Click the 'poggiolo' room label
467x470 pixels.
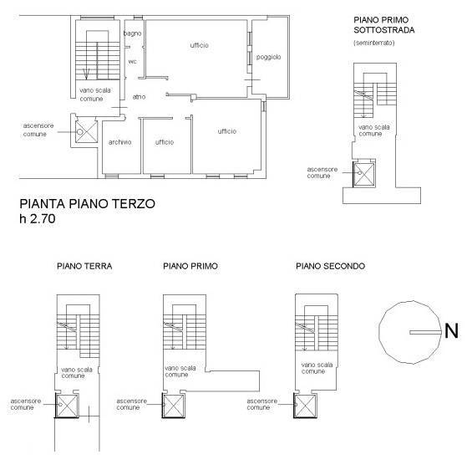268,57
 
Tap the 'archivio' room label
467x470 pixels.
119,142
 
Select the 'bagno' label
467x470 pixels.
132,33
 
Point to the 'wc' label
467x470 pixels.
132,61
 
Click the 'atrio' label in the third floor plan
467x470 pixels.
139,97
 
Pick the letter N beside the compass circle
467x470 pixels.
451,331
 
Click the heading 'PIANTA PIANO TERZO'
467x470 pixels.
87,204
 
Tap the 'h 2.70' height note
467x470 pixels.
38,218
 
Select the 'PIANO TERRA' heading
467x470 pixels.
84,266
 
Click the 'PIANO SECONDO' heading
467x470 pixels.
331,266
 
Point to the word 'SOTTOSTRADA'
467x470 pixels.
384,30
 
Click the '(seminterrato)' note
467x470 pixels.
374,43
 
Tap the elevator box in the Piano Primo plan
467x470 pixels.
174,406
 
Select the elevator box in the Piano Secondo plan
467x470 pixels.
305,406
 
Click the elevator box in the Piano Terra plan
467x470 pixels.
67,406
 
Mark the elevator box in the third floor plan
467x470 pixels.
86,131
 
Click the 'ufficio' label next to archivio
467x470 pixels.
165,142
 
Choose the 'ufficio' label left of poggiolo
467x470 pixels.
199,45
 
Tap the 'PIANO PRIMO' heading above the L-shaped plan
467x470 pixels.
190,266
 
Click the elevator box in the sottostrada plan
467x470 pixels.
363,174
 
